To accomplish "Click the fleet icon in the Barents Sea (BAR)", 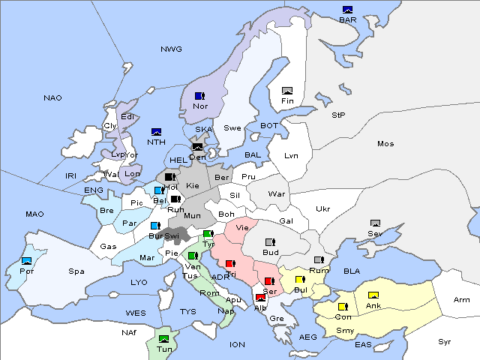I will tap(347, 10).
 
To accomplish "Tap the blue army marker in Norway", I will tap(199, 96).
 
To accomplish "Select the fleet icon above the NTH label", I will tap(157, 131).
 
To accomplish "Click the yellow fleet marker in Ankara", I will tap(373, 295).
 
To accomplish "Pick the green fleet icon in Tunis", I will tap(163, 339).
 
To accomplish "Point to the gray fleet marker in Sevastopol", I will tap(375, 223).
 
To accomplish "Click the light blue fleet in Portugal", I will tap(27, 260).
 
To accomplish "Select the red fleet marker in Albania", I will tap(259, 298).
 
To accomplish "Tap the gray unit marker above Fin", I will tap(286, 91).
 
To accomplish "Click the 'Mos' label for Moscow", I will tap(385, 143).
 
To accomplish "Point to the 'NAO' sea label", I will tap(52, 98).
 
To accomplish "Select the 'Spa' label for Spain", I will tap(76, 271).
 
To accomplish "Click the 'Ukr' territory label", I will tap(322, 209).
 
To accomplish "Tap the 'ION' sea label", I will tap(237, 344).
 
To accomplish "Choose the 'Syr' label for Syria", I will tap(445, 341).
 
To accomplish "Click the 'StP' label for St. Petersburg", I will tap(338, 115).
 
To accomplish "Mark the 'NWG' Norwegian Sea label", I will tap(171, 49).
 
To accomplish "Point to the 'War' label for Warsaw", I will tap(277, 194).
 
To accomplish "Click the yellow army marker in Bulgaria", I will tap(300, 280).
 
